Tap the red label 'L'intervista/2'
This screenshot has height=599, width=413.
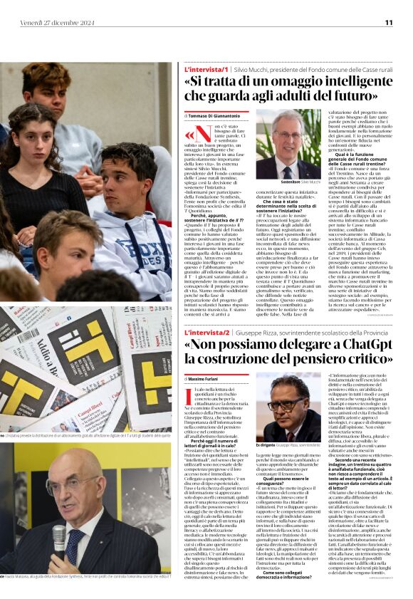[206, 333]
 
